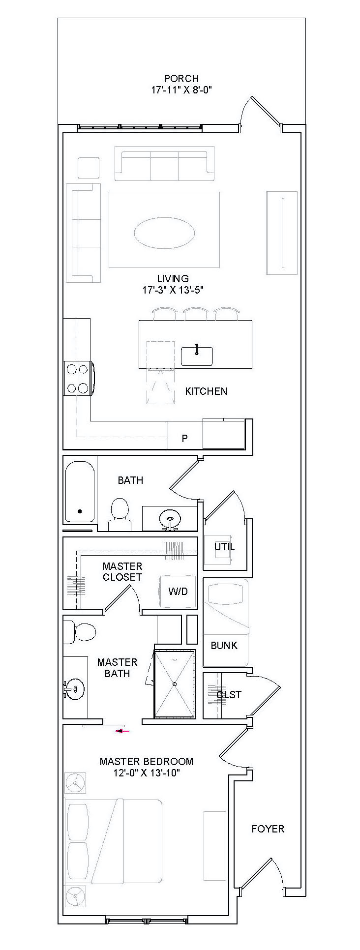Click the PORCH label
point(181,78)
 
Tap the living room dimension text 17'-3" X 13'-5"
point(173,290)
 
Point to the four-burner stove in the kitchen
point(78,378)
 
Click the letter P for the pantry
point(185,438)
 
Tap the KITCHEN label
point(206,391)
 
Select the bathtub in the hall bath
point(80,492)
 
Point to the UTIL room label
point(224,547)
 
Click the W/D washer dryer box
point(178,591)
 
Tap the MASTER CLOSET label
point(122,572)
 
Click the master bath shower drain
point(175,683)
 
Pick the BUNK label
point(224,646)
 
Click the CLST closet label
point(229,695)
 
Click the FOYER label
point(268,829)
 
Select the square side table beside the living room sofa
point(89,168)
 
